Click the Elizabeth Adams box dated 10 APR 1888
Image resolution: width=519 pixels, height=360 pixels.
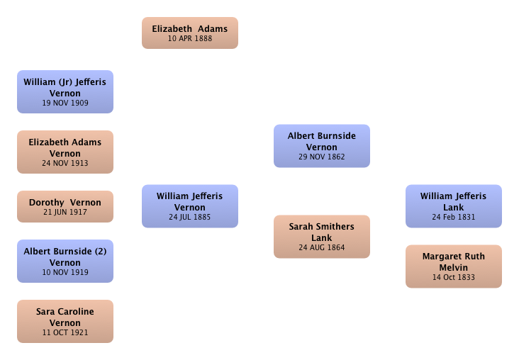coord(190,33)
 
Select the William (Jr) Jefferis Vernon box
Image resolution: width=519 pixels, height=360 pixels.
coord(65,91)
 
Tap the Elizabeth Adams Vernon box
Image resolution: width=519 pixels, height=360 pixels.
coord(65,152)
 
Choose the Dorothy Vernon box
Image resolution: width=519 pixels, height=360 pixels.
coord(65,206)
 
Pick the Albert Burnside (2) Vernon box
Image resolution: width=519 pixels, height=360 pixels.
coord(65,261)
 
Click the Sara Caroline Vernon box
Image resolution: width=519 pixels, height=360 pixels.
coord(65,321)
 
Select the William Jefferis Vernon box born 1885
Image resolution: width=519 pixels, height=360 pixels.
coord(190,206)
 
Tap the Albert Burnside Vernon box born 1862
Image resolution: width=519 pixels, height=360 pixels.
coord(322,146)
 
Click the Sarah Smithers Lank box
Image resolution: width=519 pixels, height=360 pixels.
coord(322,237)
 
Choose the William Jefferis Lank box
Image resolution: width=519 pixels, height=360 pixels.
coord(454,206)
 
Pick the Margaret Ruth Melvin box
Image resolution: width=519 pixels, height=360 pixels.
coord(454,266)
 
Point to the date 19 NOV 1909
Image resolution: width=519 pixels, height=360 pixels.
coord(65,103)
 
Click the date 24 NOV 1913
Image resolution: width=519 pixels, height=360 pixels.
coord(65,163)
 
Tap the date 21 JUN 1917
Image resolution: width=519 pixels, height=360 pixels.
coord(65,212)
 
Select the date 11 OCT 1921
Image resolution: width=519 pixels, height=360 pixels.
coord(65,332)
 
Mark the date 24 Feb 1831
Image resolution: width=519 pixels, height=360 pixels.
coord(454,217)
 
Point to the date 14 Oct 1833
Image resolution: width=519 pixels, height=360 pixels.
coord(454,277)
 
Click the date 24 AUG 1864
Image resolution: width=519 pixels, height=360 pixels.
coord(322,247)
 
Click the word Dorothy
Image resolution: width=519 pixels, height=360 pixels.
coord(47,203)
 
